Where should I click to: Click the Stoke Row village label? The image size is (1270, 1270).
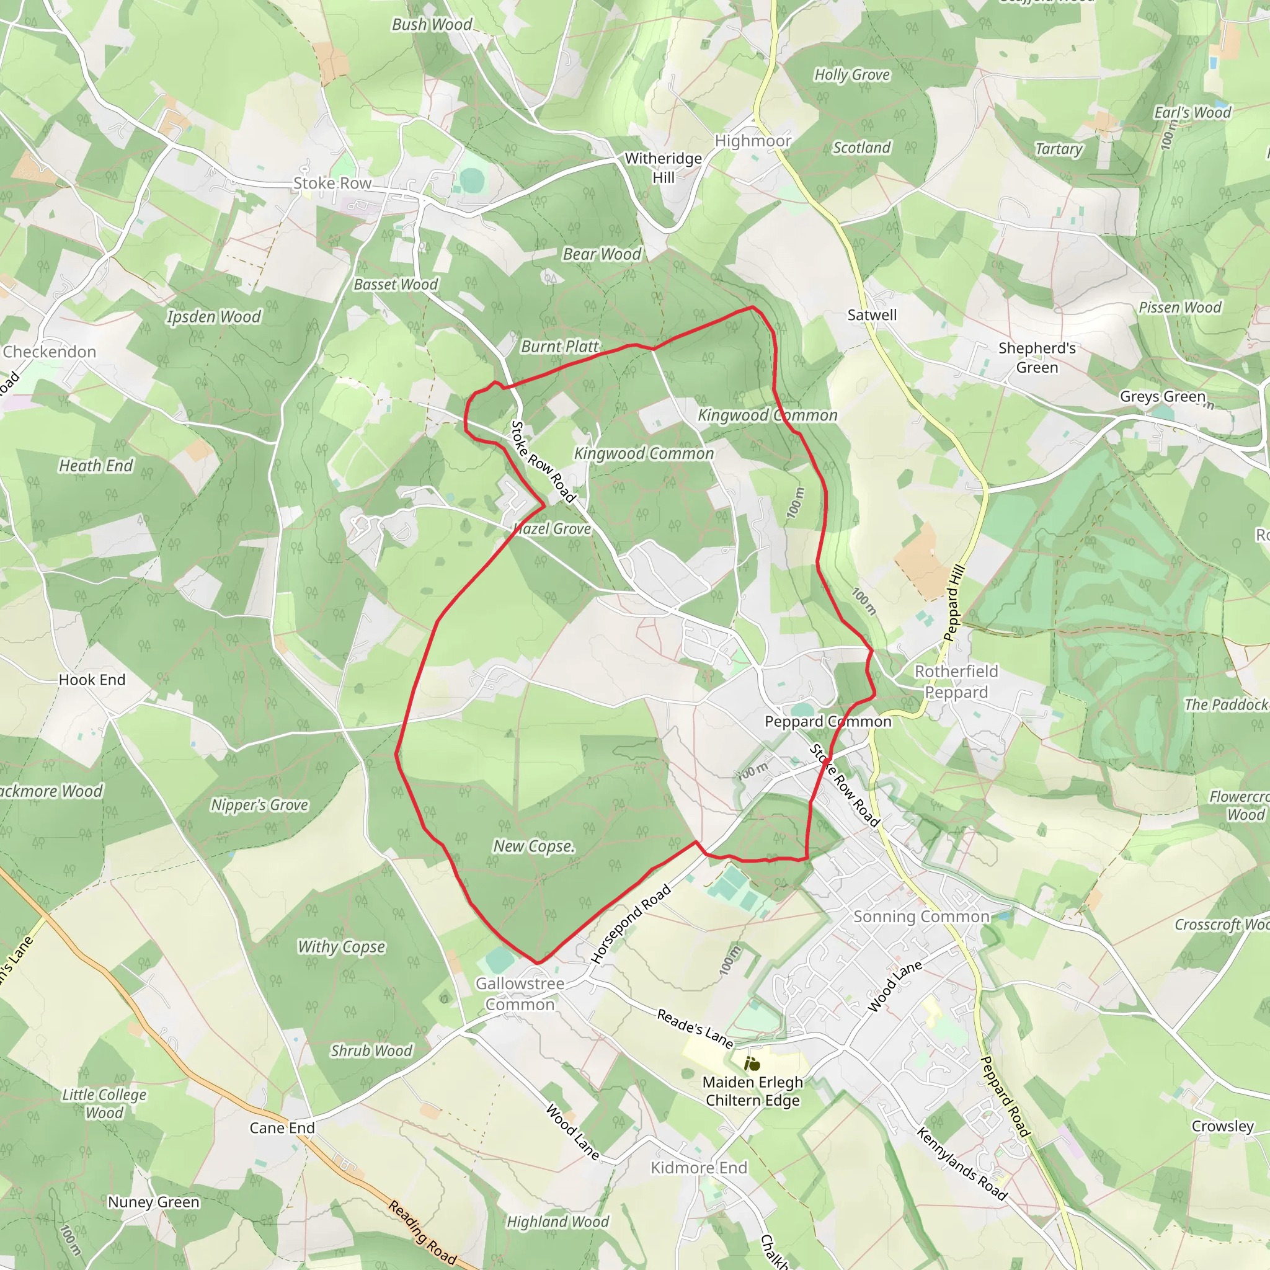pyautogui.click(x=332, y=184)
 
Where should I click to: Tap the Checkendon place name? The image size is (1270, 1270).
pyautogui.click(x=50, y=352)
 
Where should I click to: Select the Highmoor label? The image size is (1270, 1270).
pyautogui.click(x=753, y=141)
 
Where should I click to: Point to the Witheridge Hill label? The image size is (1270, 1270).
pyautogui.click(x=664, y=167)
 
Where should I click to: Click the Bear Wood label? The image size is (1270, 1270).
pyautogui.click(x=602, y=254)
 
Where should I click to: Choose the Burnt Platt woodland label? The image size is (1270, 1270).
pyautogui.click(x=559, y=347)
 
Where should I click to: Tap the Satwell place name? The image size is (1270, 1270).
pyautogui.click(x=872, y=315)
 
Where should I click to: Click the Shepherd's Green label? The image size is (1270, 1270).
pyautogui.click(x=1037, y=358)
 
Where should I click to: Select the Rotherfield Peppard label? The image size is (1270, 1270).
pyautogui.click(x=956, y=682)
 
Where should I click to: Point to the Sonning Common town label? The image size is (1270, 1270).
pyautogui.click(x=921, y=917)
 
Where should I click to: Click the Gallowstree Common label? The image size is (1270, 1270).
pyautogui.click(x=520, y=994)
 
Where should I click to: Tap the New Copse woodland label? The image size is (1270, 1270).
pyautogui.click(x=534, y=846)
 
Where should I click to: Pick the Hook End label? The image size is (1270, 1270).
pyautogui.click(x=92, y=680)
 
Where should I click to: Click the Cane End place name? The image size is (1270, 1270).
pyautogui.click(x=282, y=1128)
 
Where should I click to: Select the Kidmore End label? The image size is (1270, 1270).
pyautogui.click(x=699, y=1168)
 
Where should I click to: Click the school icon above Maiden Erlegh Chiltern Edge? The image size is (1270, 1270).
pyautogui.click(x=752, y=1063)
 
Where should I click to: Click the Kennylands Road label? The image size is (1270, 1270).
pyautogui.click(x=962, y=1163)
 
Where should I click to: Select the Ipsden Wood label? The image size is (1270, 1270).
pyautogui.click(x=214, y=317)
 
